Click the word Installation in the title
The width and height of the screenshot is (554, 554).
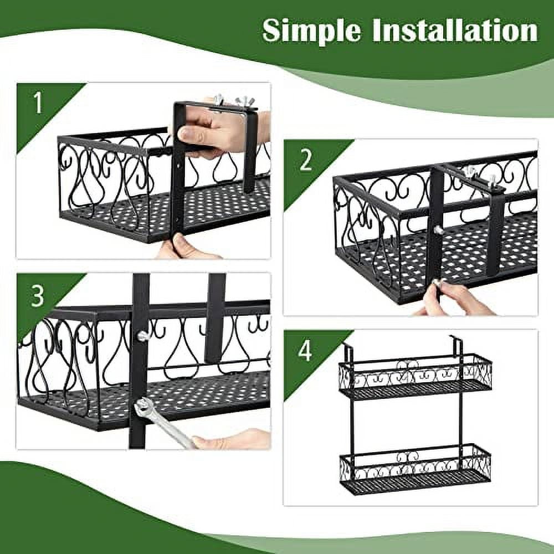(x=455, y=30)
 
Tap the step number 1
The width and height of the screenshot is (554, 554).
(x=37, y=103)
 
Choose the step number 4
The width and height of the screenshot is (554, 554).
(x=305, y=351)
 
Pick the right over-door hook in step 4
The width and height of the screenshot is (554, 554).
(x=456, y=344)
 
